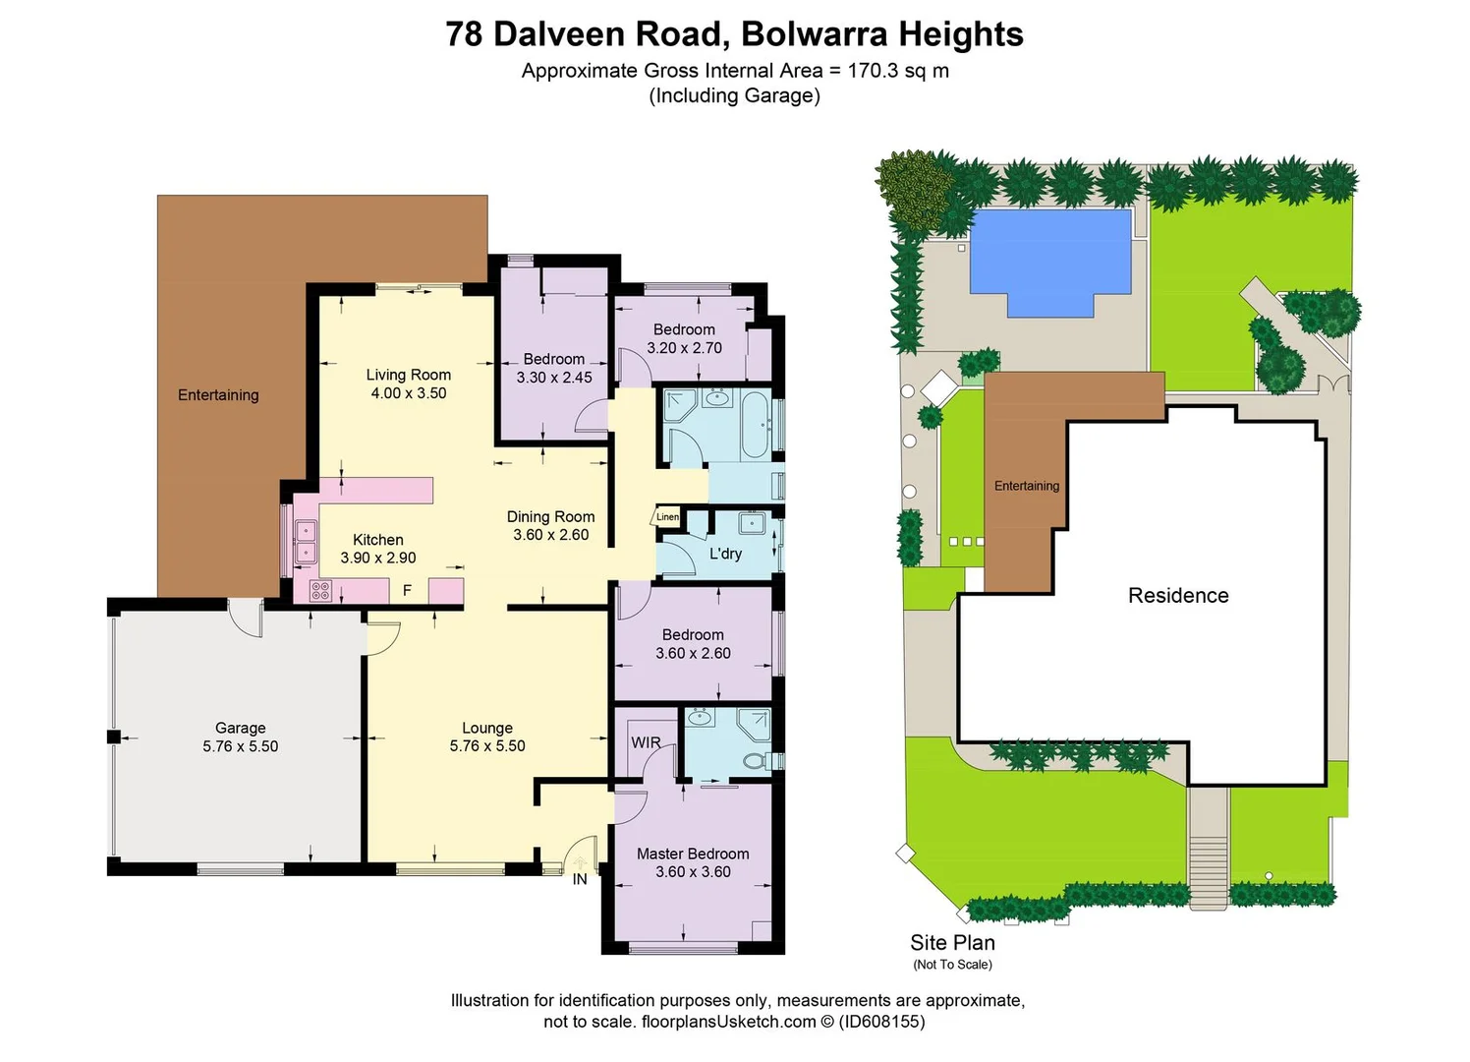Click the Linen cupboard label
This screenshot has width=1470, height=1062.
[x=667, y=516]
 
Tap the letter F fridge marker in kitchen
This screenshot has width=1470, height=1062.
[x=407, y=590]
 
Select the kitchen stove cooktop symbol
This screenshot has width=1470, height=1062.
[x=320, y=590]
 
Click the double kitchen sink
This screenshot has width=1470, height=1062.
[x=306, y=543]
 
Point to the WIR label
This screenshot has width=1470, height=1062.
[x=646, y=742]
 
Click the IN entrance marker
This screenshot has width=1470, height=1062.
[x=580, y=879]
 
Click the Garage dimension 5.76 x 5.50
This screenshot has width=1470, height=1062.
[x=240, y=746]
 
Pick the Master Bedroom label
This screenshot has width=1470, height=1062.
[x=693, y=854]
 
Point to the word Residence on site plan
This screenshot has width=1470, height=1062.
[x=1178, y=595]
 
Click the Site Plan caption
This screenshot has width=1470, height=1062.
[x=952, y=942]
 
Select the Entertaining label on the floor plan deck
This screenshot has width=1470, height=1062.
[x=218, y=394]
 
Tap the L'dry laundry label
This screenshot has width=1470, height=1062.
[x=725, y=554]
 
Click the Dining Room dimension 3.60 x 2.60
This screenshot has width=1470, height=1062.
[x=550, y=535]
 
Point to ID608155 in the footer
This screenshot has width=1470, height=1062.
[x=880, y=1022]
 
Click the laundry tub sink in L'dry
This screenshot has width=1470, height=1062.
[x=752, y=522]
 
